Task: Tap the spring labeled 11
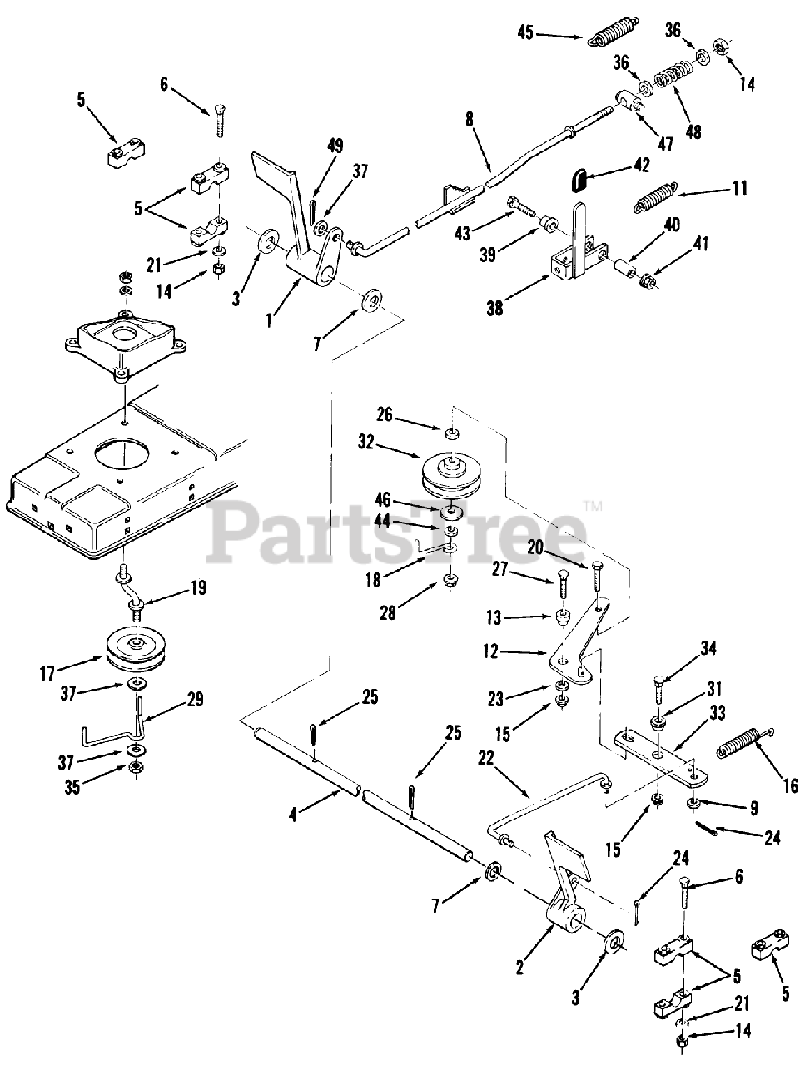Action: click(x=657, y=196)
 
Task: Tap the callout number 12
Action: click(x=490, y=652)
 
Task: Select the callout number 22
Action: click(x=485, y=758)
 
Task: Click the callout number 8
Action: click(x=470, y=119)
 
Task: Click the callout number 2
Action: click(x=519, y=968)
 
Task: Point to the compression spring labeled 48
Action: click(x=673, y=80)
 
